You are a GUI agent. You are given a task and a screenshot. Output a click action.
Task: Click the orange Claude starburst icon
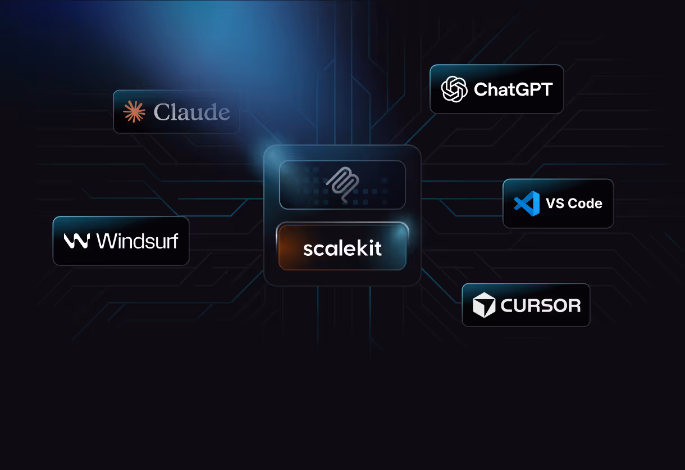(134, 111)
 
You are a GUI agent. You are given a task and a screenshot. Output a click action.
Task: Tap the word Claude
(192, 112)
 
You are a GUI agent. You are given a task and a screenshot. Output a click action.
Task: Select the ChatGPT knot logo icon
(454, 89)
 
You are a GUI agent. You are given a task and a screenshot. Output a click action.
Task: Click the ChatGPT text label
(513, 89)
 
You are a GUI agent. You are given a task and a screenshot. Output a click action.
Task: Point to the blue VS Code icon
(527, 203)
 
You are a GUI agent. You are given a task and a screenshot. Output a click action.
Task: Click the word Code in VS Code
(586, 204)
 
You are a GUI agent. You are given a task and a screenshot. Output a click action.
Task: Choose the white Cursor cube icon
(484, 305)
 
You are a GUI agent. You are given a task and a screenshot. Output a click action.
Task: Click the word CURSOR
(540, 306)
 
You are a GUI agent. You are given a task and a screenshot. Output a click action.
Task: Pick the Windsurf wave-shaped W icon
(76, 241)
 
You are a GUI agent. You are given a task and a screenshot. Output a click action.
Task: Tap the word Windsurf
(137, 241)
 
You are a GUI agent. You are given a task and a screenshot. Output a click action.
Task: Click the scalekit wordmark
(342, 248)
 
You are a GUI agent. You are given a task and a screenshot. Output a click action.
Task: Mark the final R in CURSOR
(573, 306)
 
